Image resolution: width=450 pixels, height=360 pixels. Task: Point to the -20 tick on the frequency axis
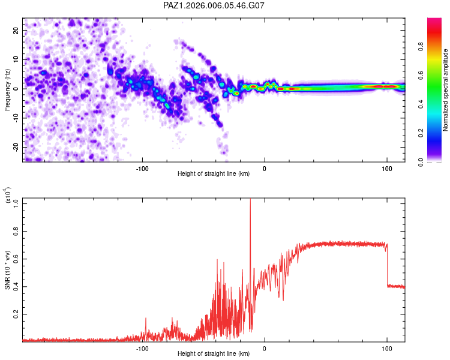(16, 147)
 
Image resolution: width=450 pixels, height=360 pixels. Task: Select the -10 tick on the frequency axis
(16, 118)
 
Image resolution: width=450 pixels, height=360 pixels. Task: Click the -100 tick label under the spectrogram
(142, 168)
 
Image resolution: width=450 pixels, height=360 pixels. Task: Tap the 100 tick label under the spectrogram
(387, 168)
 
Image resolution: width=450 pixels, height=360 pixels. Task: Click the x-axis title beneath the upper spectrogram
(214, 175)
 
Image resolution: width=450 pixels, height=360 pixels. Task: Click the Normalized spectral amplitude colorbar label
(446, 90)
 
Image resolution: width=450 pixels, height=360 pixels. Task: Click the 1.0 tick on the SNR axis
(16, 203)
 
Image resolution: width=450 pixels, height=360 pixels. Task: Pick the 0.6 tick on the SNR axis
(16, 259)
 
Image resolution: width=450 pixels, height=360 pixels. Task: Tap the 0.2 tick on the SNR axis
(16, 314)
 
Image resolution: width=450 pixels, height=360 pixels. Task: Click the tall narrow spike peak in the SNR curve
(250, 201)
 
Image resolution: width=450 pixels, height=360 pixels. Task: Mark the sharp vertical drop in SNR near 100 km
(387, 264)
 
